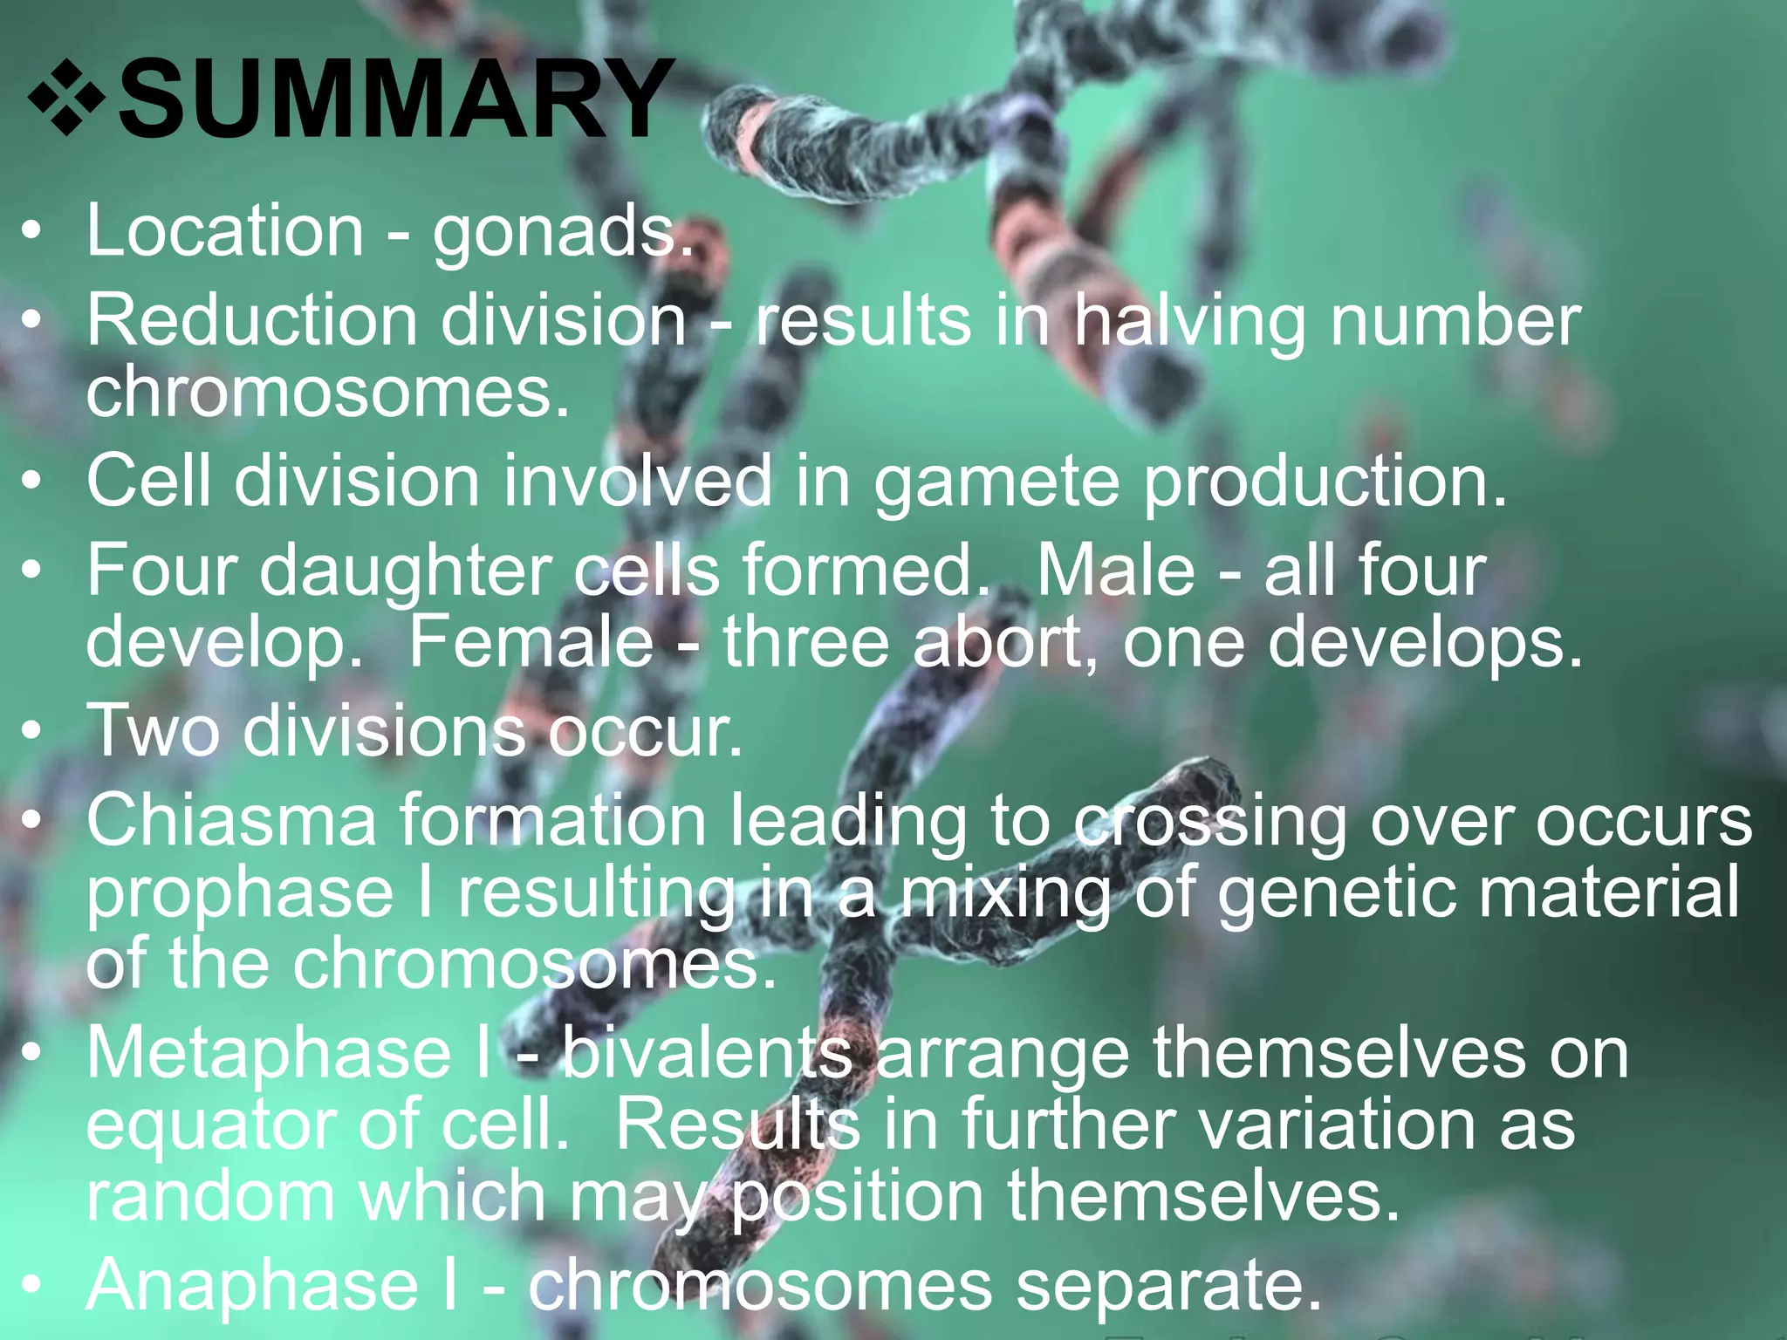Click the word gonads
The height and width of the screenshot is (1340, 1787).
click(562, 233)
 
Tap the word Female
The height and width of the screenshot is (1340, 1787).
click(531, 642)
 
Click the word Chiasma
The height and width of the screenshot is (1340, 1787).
click(231, 821)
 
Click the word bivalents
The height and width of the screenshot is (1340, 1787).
click(707, 1053)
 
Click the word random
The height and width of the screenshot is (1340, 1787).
click(210, 1196)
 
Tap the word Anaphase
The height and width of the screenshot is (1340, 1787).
click(253, 1286)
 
